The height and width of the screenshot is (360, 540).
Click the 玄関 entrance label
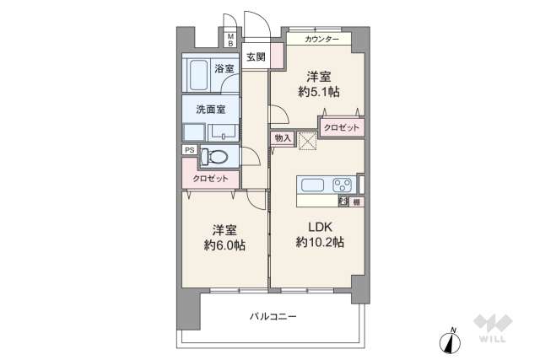[x=256, y=57]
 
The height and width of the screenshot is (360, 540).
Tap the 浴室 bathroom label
[x=224, y=68]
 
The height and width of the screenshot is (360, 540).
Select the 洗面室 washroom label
[x=210, y=110]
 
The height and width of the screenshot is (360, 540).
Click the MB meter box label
[x=230, y=40]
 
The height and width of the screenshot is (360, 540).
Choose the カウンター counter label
[x=321, y=40]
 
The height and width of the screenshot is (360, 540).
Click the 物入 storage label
[x=282, y=137]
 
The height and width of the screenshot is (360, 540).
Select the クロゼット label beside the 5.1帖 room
[x=341, y=126]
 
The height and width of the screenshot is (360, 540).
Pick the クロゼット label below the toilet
[x=210, y=179]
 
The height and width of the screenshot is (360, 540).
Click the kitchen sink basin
[x=310, y=185]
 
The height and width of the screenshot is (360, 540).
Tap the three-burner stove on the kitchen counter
[x=341, y=185]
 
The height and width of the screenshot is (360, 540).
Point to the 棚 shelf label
[x=356, y=201]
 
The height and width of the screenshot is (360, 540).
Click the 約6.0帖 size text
[x=224, y=245]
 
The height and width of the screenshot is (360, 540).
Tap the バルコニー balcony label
[x=273, y=317]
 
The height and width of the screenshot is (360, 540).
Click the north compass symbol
[x=451, y=341]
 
